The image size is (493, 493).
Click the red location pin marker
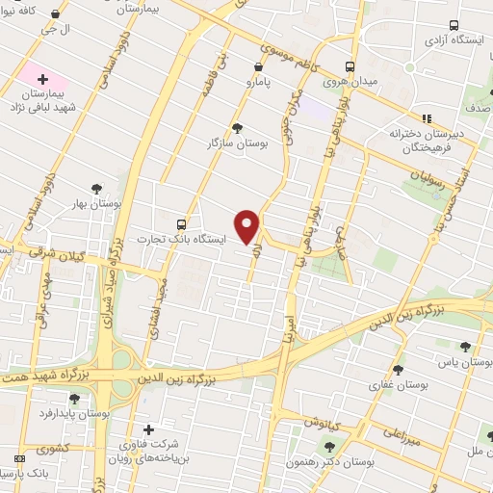pos(247,224)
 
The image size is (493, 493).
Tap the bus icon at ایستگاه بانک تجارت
pos(182,223)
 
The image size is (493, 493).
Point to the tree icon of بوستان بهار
pos(95,189)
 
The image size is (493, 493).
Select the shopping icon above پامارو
pos(257,66)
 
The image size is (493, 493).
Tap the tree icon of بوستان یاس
pos(466,347)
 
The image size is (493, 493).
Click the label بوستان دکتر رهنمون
pos(327,461)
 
